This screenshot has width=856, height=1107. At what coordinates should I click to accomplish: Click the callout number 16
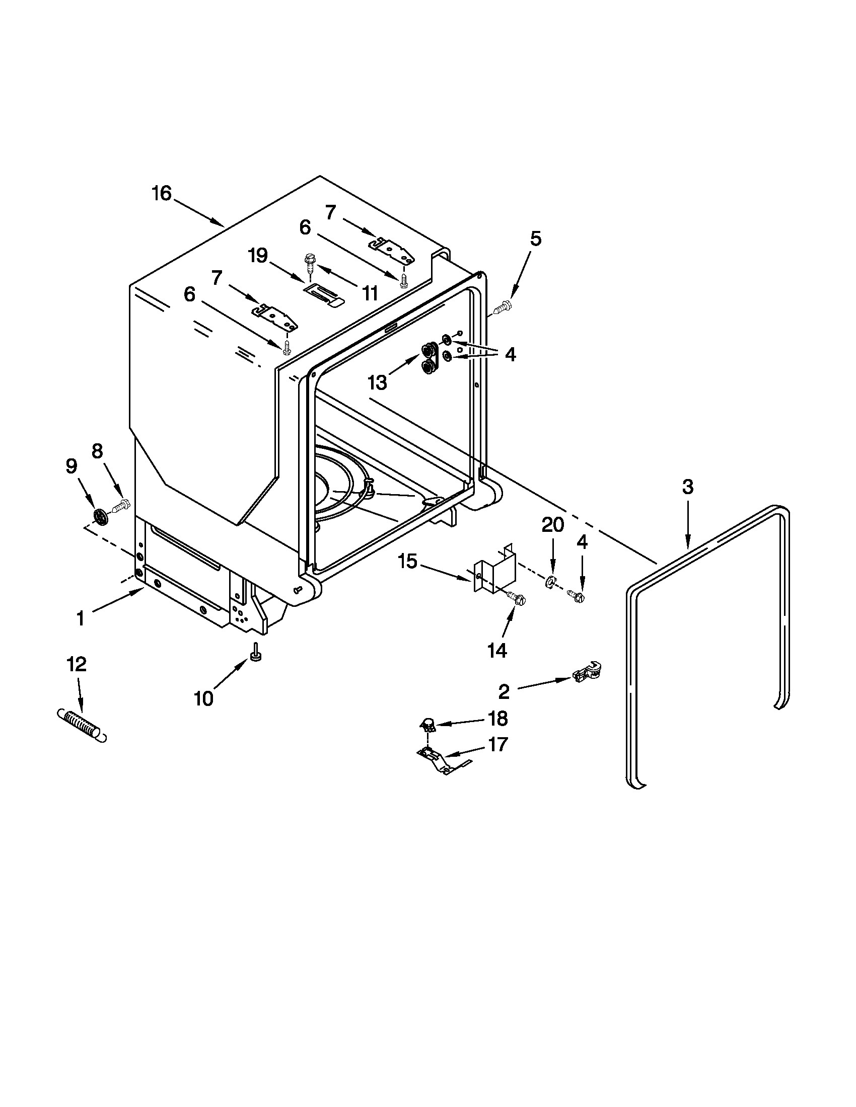tap(162, 193)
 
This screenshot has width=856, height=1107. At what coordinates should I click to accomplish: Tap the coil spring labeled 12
tap(81, 725)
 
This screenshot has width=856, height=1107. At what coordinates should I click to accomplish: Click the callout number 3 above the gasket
tap(687, 487)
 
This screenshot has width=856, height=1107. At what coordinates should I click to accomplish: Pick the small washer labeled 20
tap(549, 583)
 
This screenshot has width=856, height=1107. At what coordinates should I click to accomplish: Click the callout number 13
tap(378, 383)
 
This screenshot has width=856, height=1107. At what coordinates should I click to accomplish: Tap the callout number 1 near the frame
tap(81, 618)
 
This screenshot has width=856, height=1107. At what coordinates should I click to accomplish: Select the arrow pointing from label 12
tap(79, 692)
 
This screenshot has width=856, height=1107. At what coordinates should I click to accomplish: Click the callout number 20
tap(552, 525)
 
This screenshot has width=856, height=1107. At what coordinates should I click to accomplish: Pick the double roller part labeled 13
tap(430, 358)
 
